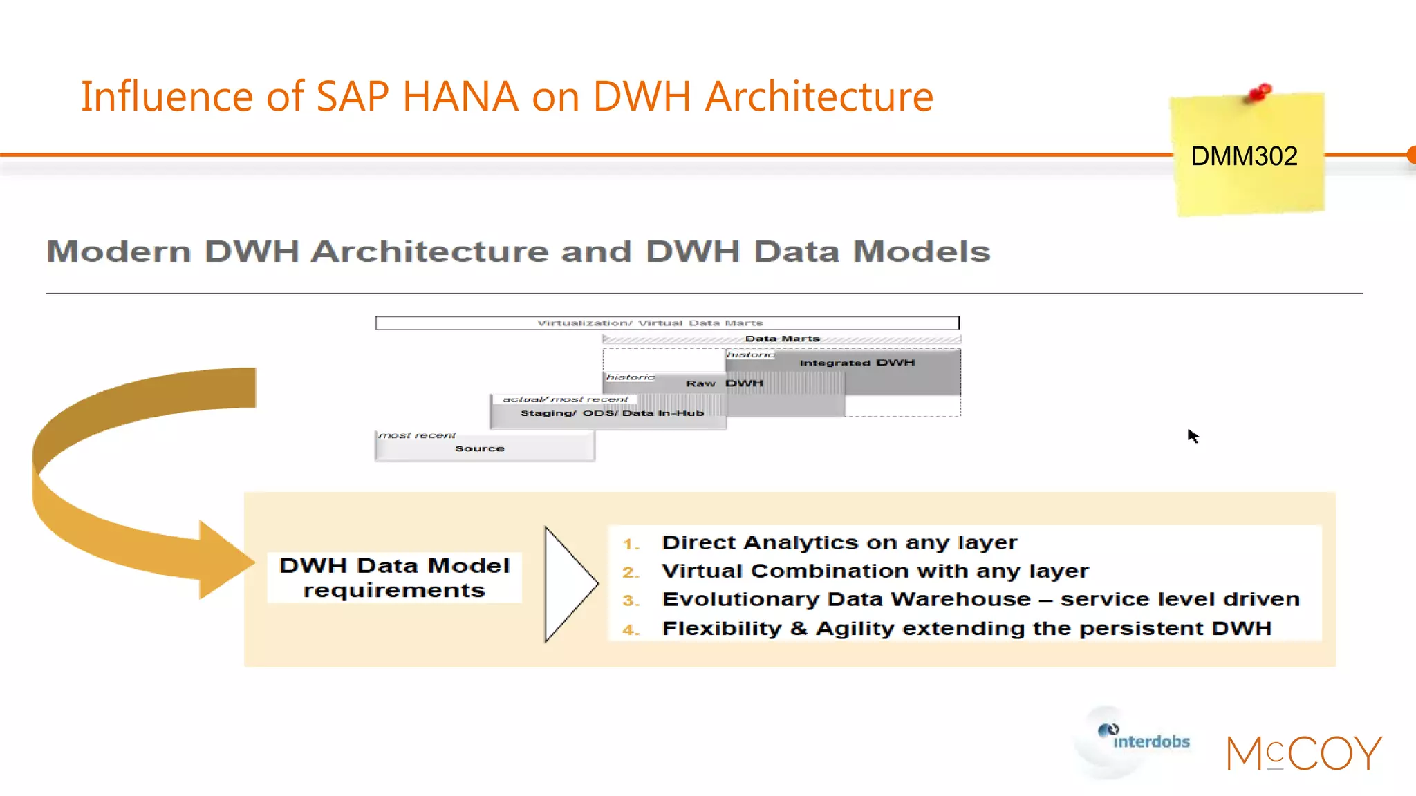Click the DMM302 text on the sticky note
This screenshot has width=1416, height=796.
click(1244, 157)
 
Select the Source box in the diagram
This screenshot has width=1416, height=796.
click(484, 448)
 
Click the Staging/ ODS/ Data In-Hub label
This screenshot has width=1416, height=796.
click(612, 413)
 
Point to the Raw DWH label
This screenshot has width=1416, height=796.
click(725, 383)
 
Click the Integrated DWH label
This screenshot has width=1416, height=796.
click(857, 363)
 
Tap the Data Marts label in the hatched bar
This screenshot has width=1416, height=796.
click(782, 339)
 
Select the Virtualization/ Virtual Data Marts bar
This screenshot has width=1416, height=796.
click(667, 323)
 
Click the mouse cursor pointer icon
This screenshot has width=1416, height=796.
click(1193, 435)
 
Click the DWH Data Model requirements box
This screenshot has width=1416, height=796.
click(394, 578)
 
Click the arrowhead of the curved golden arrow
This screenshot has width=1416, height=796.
click(225, 560)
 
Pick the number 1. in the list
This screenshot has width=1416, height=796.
click(631, 544)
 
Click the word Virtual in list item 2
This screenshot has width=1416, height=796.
click(702, 571)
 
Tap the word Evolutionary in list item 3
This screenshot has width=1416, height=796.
click(740, 599)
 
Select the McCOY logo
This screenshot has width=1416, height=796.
click(1304, 753)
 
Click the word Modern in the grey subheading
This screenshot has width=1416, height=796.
click(119, 252)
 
